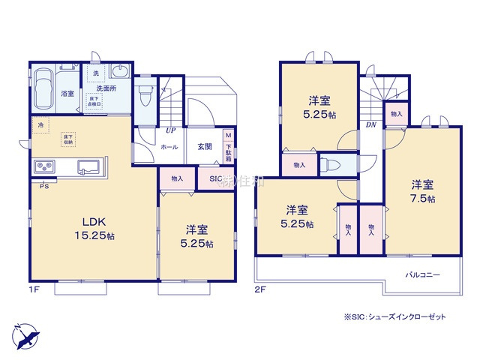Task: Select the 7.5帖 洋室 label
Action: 421,191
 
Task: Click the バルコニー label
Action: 424,274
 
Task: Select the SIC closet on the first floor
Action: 215,179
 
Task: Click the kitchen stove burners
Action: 43,166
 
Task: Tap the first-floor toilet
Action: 145,94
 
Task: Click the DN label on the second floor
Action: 370,125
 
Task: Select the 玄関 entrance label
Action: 204,147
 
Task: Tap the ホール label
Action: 169,147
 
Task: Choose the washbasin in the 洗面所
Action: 119,71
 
